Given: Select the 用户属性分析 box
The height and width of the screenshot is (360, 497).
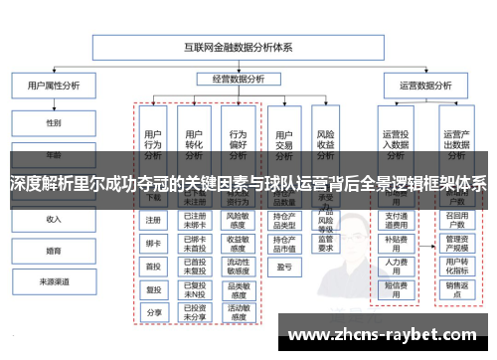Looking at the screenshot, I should (53, 87).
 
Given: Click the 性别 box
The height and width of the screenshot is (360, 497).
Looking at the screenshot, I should (53, 123).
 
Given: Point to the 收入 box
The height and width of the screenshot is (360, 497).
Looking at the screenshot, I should (53, 219).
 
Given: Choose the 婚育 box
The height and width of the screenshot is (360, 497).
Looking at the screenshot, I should (53, 251).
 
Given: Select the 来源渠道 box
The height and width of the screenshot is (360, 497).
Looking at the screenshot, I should (53, 282).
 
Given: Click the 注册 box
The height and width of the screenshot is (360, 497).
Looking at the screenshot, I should (153, 220).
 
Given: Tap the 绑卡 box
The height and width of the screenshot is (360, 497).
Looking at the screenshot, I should (153, 242).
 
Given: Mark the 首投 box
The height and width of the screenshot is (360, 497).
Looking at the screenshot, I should (153, 266).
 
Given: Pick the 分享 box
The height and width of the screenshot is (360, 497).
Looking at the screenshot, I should (153, 312).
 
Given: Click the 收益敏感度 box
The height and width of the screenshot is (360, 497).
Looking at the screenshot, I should (238, 242).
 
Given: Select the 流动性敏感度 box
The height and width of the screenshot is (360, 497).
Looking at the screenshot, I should (238, 266).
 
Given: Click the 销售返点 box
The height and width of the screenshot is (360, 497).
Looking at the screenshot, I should (456, 288).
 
